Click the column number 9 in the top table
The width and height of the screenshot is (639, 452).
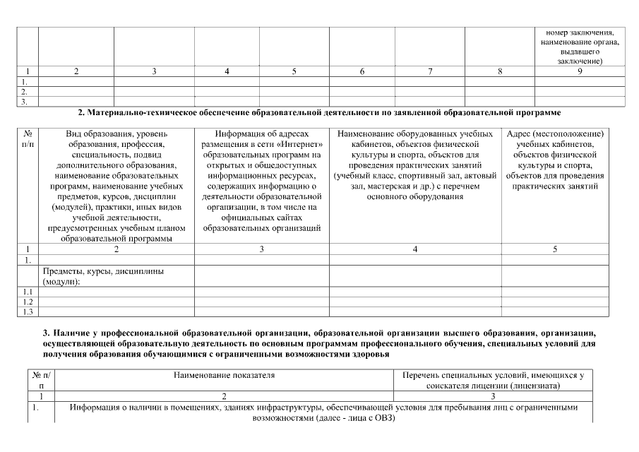[x=579, y=71]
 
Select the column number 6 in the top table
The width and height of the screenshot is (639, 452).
[x=362, y=71]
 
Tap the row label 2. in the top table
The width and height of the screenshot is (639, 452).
[x=25, y=91]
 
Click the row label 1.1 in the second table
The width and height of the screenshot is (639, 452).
[x=28, y=292]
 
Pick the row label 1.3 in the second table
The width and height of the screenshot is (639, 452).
[x=28, y=311]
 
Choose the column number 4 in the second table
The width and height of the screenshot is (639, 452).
[x=414, y=249]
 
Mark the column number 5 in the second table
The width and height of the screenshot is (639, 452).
[x=555, y=249]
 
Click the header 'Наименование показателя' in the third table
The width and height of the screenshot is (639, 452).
[x=224, y=375]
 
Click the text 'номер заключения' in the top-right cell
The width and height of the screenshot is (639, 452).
[x=580, y=32]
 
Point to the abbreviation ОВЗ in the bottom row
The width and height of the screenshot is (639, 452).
[x=382, y=418]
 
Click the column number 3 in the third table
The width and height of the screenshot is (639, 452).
[x=492, y=398]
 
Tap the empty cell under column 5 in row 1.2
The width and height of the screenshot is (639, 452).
[x=555, y=302]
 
